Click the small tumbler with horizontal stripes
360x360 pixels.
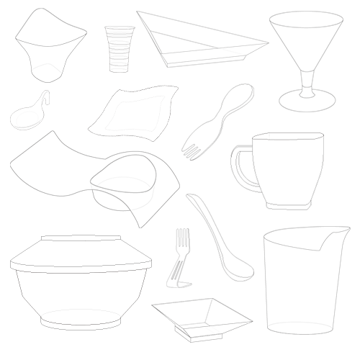(119, 48)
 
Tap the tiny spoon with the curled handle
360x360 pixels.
(27, 114)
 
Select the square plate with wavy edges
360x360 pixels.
(135, 113)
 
